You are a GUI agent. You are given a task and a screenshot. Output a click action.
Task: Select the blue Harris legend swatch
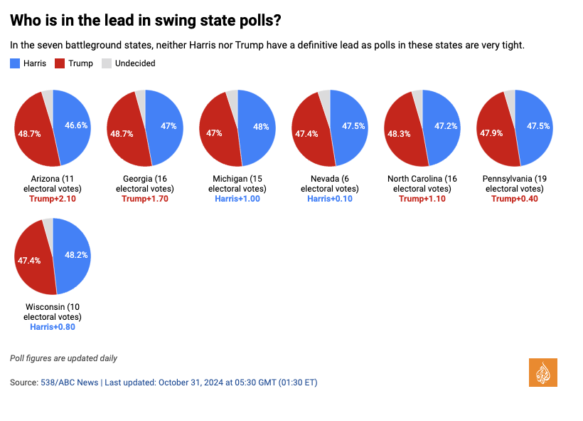pos(16,63)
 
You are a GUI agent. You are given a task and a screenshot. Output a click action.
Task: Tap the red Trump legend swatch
pos(60,63)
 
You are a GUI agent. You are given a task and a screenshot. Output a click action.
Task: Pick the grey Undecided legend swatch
pos(107,63)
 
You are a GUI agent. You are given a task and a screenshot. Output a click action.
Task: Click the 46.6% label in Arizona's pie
pos(76,125)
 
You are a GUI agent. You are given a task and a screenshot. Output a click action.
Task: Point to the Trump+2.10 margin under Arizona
pos(53,199)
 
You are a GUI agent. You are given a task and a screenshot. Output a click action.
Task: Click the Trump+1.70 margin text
pos(145,199)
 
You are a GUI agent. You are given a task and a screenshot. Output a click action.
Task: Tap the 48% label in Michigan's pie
pos(261,126)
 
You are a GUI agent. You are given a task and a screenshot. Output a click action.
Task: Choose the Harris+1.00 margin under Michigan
pos(237,199)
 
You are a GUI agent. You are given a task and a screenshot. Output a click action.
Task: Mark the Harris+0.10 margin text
pos(330,199)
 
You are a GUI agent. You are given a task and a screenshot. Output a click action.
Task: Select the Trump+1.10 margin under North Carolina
pos(422,199)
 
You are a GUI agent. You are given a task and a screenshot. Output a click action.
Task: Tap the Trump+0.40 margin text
pos(515,199)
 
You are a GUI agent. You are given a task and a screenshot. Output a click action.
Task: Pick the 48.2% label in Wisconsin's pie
pos(76,254)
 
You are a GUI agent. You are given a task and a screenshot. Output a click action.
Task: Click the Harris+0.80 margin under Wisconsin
pos(53,327)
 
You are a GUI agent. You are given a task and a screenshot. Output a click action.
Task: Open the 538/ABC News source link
pos(69,383)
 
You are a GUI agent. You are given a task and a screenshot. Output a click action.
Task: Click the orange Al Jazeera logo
pos(543,373)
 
